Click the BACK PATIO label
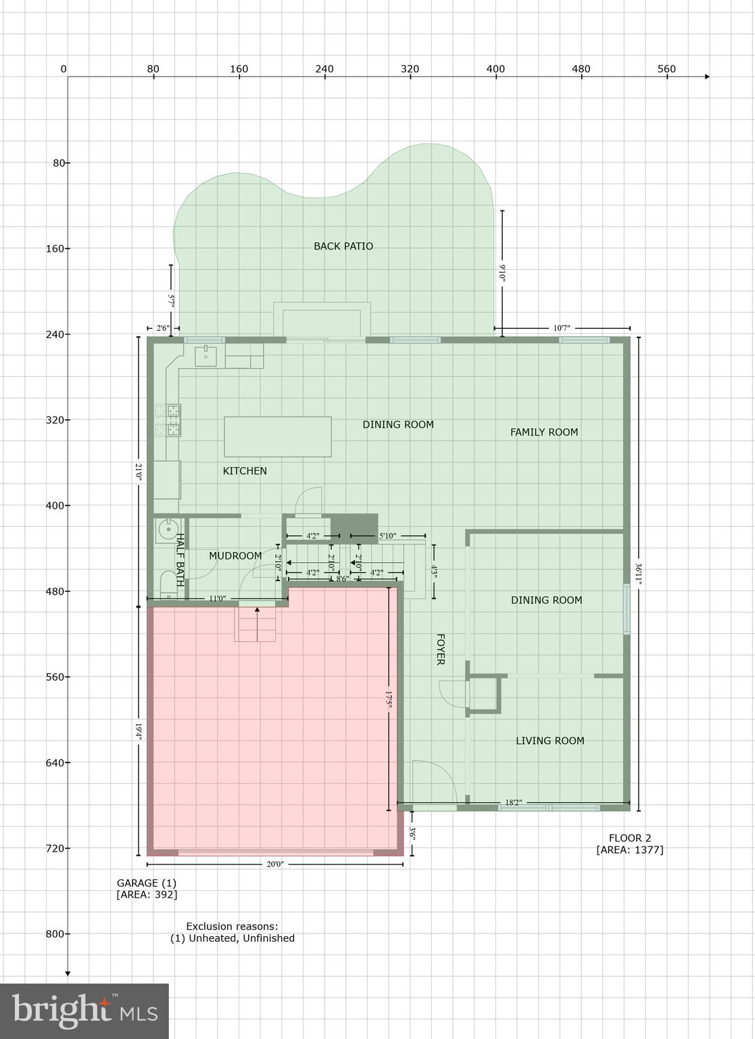343,246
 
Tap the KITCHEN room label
245,471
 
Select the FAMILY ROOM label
543,432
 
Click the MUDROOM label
235,556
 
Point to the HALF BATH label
180,559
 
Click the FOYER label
440,649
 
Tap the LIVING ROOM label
550,741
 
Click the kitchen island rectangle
278,436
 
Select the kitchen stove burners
168,419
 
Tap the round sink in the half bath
164,531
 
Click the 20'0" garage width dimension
274,864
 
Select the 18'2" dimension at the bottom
513,803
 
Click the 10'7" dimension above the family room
562,328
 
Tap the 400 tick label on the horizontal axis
495,69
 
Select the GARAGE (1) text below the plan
147,883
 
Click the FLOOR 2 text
630,838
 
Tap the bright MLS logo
84,1011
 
